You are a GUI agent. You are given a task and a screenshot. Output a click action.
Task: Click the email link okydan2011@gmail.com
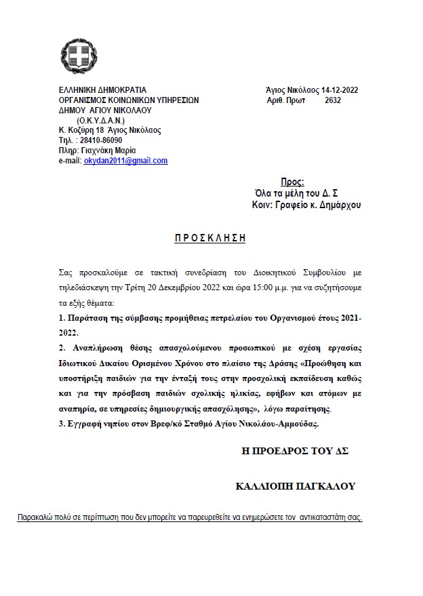tap(125, 161)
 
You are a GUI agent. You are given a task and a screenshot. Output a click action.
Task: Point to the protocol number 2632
tap(333, 100)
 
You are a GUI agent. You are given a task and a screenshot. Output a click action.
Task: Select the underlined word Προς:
tap(292, 182)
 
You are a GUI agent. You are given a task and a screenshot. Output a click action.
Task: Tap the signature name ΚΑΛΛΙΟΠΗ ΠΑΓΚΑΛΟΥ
tap(295, 486)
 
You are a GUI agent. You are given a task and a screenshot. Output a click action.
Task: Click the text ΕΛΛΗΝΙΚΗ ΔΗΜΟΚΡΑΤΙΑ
tap(102, 90)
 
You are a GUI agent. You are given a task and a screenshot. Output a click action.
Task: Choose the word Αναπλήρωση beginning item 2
tap(97, 347)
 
